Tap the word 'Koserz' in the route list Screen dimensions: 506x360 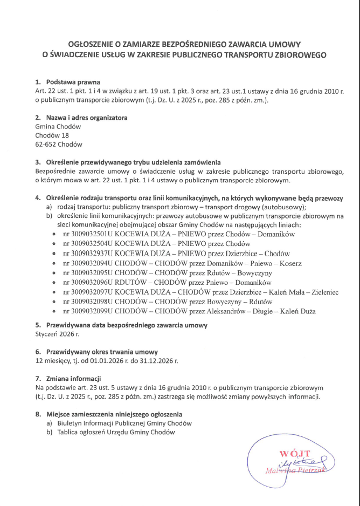pos(290,263)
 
